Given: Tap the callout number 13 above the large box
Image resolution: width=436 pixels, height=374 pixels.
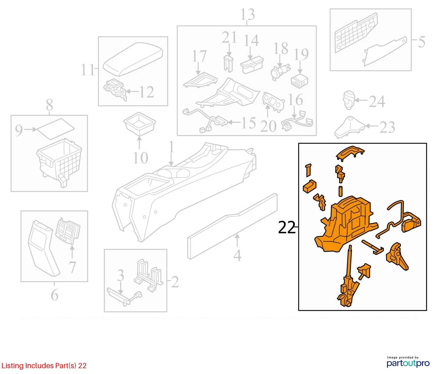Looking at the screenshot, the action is [248, 14].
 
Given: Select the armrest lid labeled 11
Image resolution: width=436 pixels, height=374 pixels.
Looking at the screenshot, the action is [133, 59].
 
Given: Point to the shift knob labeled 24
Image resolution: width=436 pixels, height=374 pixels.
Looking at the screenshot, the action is [349, 100].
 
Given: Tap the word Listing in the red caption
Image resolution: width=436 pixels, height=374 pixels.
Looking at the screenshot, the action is [12, 366].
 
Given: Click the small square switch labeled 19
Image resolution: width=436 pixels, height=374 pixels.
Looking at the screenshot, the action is [299, 80].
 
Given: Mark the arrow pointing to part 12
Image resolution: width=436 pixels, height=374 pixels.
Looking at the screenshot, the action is [133, 91].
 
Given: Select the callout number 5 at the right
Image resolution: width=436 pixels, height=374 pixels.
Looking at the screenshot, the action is [421, 42].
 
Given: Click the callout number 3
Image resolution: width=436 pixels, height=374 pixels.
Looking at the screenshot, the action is [120, 275].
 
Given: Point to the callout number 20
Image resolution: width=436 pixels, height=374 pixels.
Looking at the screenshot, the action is [268, 126].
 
